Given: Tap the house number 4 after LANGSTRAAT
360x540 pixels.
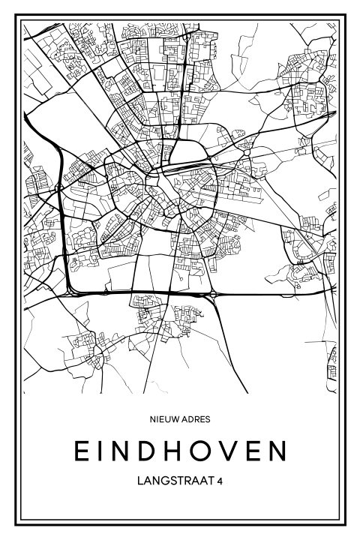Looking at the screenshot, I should [219, 479].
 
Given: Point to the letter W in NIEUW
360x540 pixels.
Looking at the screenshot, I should [178, 420].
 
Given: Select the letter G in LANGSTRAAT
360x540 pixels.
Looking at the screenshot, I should [164, 479].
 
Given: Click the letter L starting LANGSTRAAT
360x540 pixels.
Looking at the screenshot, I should [140, 479].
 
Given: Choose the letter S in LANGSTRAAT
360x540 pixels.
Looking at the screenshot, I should [173, 479].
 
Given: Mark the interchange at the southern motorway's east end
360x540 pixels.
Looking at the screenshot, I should [214, 294].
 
